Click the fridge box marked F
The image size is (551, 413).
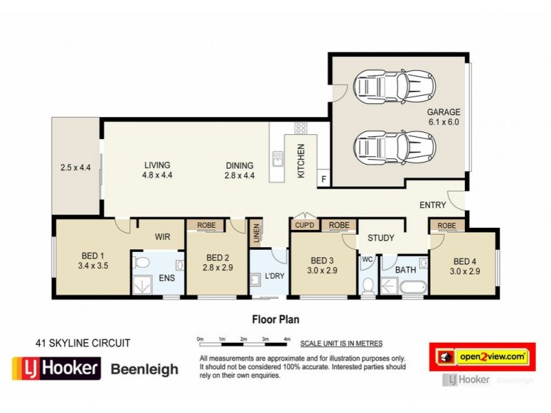pyautogui.click(x=322, y=180)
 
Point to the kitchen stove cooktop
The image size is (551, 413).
pyautogui.click(x=300, y=127)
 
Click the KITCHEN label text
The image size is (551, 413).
pyautogui.click(x=300, y=161)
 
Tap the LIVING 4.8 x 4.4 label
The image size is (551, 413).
pyautogui.click(x=157, y=170)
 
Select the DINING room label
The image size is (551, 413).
pyautogui.click(x=240, y=170)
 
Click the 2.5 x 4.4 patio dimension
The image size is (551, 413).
pyautogui.click(x=76, y=167)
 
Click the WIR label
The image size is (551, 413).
pyautogui.click(x=162, y=236)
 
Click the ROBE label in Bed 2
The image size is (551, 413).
pyautogui.click(x=207, y=225)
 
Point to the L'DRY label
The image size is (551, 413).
pyautogui.click(x=275, y=277)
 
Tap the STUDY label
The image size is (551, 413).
pyautogui.click(x=380, y=238)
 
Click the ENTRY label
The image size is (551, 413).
pyautogui.click(x=433, y=205)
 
